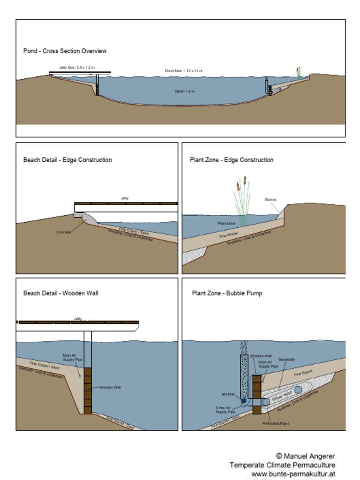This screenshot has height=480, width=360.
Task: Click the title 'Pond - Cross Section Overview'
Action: [65, 51]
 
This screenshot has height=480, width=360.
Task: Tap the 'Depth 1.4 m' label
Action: [184, 91]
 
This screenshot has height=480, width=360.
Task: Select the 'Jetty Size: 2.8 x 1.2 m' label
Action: [76, 67]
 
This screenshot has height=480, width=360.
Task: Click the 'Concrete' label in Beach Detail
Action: [63, 232]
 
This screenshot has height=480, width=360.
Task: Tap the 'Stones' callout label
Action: [270, 200]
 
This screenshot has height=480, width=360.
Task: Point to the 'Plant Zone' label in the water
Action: [226, 224]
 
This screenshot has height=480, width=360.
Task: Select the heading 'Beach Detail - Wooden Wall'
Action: [60, 293]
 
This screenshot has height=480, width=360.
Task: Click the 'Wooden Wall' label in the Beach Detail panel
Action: [111, 388]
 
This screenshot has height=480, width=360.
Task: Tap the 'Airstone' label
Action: [228, 394]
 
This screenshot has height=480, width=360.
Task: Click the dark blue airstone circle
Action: [244, 401]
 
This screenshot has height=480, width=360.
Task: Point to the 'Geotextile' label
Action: [286, 360]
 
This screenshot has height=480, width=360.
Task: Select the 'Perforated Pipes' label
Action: [276, 423]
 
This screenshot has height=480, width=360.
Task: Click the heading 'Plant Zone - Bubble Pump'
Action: [227, 293]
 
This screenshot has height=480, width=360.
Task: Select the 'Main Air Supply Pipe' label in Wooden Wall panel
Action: [72, 357]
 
